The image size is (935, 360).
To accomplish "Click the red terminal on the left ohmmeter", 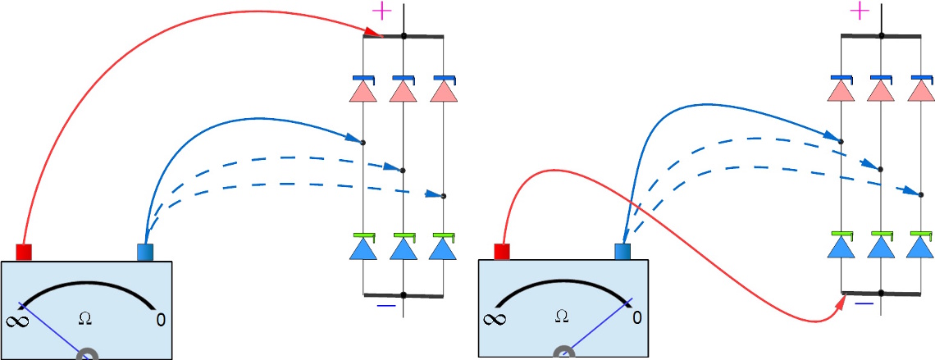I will point(24,252).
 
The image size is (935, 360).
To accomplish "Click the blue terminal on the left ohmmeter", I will point(146,252).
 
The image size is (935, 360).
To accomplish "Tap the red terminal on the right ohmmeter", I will point(502,252).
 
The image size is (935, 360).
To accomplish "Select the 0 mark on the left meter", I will point(161,319).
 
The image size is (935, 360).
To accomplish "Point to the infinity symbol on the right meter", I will point(494,319).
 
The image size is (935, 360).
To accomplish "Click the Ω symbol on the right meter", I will point(561,316).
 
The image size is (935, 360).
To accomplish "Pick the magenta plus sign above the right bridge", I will point(860,11).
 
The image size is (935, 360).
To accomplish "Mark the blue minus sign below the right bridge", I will point(864,303).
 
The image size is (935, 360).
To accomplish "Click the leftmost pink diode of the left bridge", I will point(363,90).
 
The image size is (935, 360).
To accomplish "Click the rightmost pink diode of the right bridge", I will point(920,90).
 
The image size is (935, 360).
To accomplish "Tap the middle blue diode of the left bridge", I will point(403,247).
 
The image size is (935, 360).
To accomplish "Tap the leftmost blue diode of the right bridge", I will point(841,246).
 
